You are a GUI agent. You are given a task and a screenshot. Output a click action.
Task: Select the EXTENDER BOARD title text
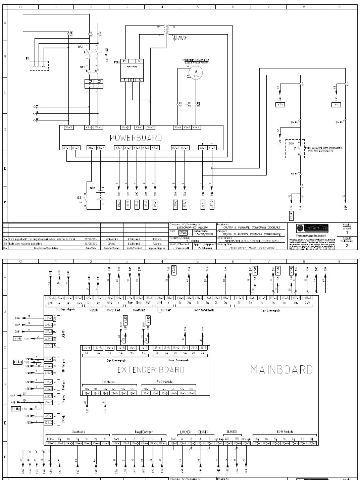click(x=144, y=369)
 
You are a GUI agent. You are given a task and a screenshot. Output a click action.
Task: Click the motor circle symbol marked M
click(x=190, y=74)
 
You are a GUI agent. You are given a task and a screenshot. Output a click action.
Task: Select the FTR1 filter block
click(x=134, y=71)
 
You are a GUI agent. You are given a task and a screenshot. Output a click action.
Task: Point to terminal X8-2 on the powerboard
click(x=100, y=148)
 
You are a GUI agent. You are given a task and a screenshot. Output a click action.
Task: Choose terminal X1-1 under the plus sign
click(x=202, y=148)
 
